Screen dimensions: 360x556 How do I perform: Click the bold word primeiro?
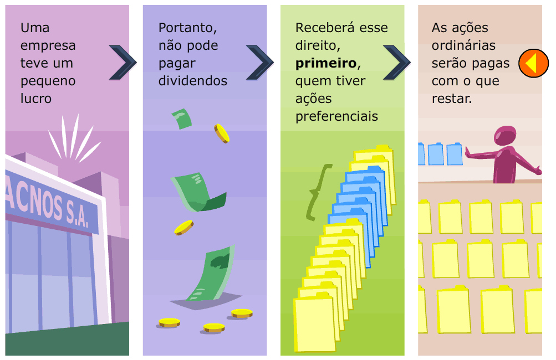click(324, 63)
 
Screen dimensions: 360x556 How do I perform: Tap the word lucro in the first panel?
click(36, 99)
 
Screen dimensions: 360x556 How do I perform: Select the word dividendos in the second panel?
click(192, 81)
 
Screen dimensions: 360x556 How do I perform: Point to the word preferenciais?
click(336, 116)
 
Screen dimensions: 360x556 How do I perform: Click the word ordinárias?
click(463, 45)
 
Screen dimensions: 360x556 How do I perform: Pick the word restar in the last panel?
click(450, 99)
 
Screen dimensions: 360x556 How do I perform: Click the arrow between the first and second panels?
click(123, 61)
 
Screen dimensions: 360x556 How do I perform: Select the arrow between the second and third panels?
click(259, 61)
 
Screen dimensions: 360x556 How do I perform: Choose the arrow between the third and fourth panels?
click(396, 61)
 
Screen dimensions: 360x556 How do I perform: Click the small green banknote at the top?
click(182, 119)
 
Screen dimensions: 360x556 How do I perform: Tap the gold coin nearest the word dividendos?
click(222, 133)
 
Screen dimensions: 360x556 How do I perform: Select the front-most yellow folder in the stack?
click(314, 324)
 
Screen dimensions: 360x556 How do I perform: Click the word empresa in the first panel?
click(48, 45)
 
